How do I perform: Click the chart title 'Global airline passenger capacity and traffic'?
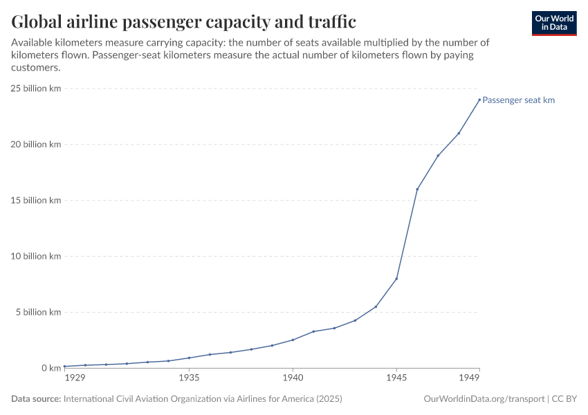tap(183, 22)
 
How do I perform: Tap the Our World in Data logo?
tap(554, 23)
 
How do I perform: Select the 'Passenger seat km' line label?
tap(518, 100)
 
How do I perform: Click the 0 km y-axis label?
tap(50, 368)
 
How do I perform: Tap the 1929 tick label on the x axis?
tap(75, 378)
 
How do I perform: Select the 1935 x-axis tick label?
tap(189, 378)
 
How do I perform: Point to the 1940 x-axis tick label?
tap(293, 378)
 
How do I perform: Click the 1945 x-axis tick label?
tap(396, 378)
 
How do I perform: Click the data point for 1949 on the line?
tap(479, 100)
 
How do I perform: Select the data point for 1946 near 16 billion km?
tap(417, 189)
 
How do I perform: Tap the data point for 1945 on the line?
tap(396, 278)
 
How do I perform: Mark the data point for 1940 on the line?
tap(293, 340)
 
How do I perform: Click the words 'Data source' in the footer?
tap(36, 399)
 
